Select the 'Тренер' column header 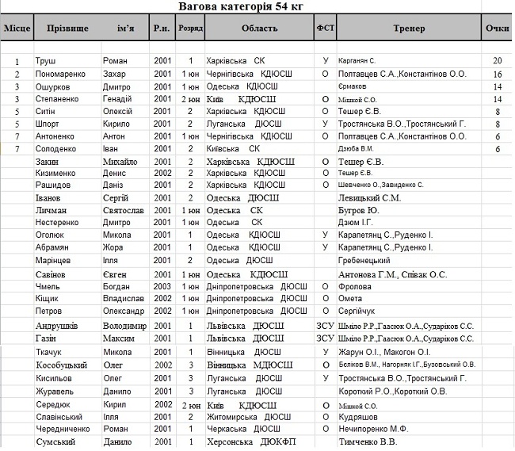point(408,29)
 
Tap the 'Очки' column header point(497,29)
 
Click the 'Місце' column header point(17,29)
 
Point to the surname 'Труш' point(45,61)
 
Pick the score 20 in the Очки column point(497,61)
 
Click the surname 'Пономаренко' point(62,74)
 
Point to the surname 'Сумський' point(56,441)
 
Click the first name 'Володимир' point(124,326)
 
